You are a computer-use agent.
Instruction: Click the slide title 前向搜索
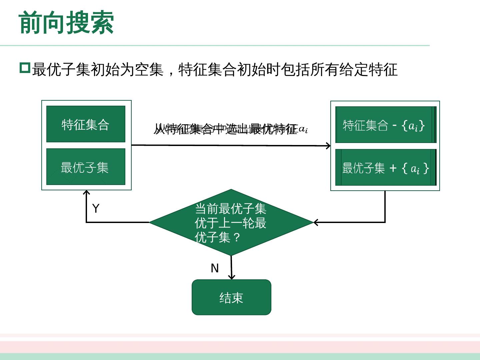(x=66, y=23)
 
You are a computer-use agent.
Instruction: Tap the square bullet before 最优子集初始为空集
(x=25, y=68)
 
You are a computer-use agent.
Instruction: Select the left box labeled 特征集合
(x=86, y=124)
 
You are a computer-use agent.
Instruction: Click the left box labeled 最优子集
(x=86, y=167)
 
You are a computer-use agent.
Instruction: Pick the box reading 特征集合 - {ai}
(x=385, y=125)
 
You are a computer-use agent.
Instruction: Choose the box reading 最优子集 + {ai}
(x=385, y=167)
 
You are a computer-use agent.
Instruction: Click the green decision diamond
(x=231, y=222)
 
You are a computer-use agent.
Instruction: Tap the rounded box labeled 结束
(x=231, y=297)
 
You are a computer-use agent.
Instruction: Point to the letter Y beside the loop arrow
(x=96, y=208)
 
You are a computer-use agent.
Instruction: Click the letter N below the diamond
(x=215, y=268)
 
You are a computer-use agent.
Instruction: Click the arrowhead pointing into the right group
(x=328, y=146)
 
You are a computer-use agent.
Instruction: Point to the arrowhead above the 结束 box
(x=232, y=277)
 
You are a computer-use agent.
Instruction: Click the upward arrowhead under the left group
(x=86, y=193)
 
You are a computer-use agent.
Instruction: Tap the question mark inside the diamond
(x=236, y=237)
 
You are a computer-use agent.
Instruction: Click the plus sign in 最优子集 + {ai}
(x=393, y=168)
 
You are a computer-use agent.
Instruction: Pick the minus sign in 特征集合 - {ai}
(x=394, y=125)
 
